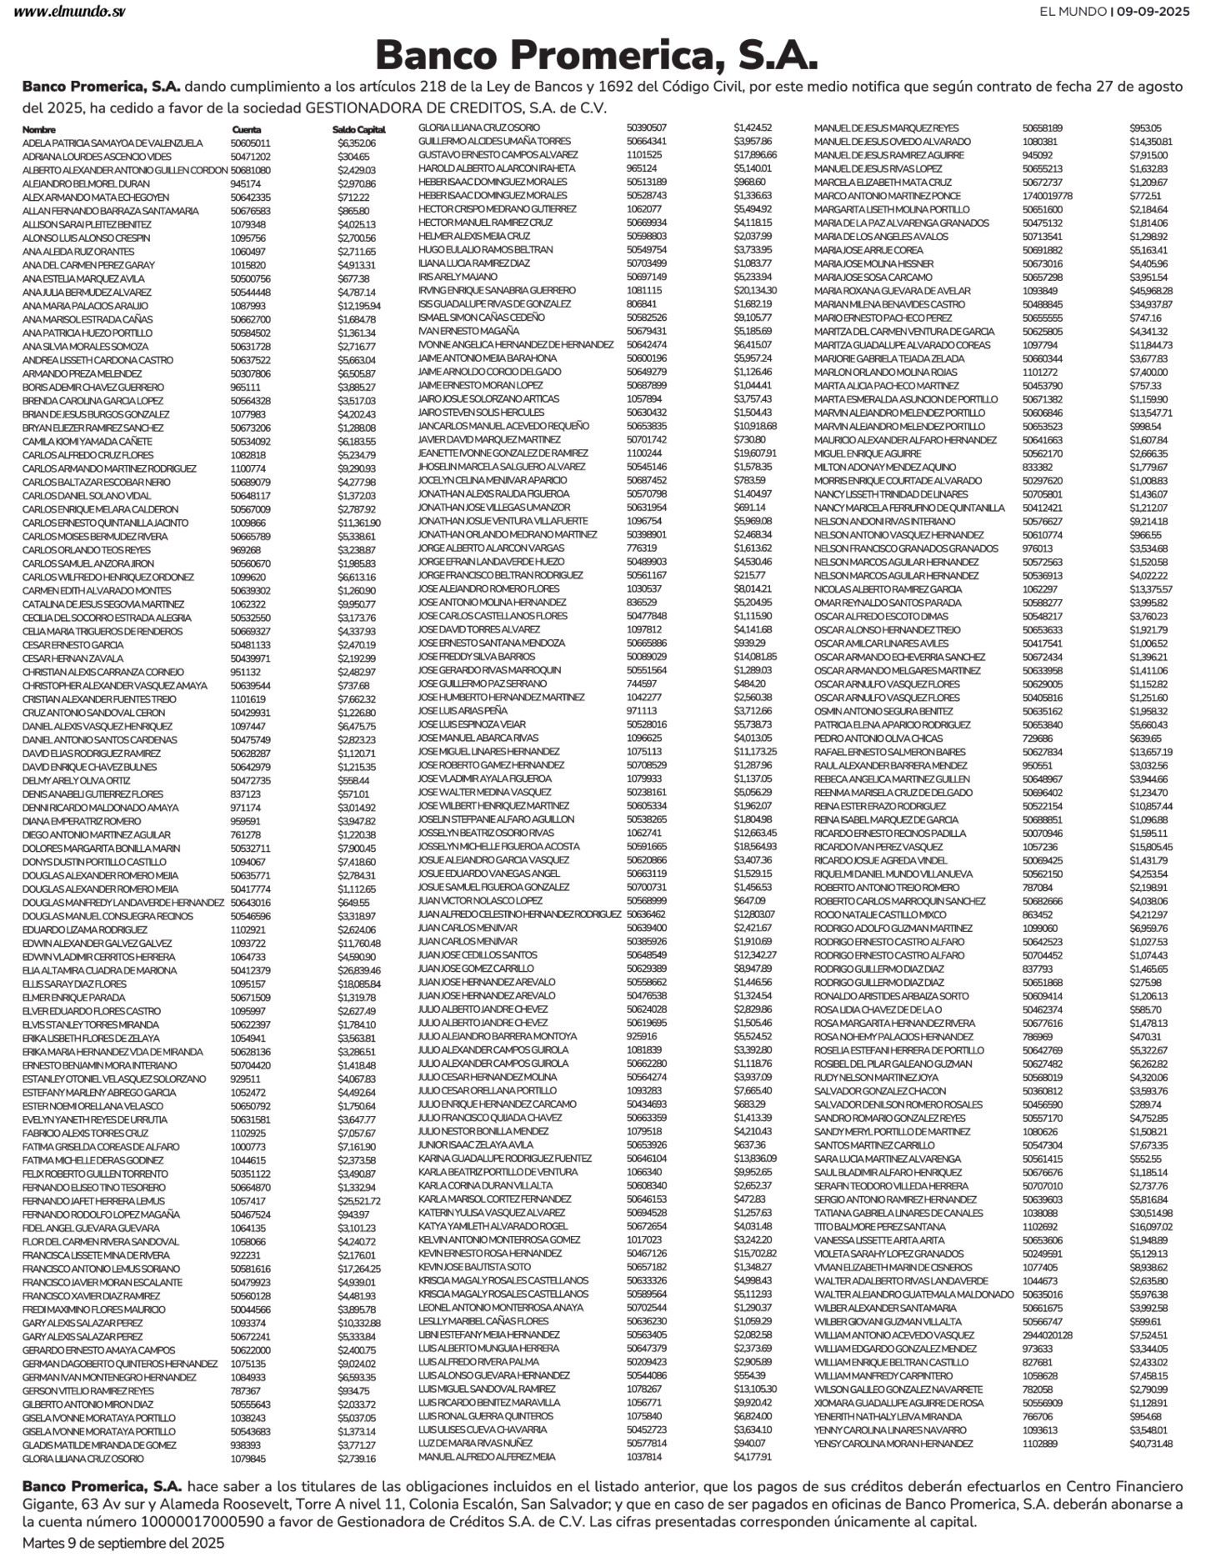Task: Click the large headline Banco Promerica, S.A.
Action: click(597, 56)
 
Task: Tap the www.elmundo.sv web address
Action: click(69, 12)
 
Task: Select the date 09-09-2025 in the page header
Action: click(1153, 12)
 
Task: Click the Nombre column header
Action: click(39, 130)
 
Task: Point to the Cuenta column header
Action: click(246, 130)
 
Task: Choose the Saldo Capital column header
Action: click(358, 130)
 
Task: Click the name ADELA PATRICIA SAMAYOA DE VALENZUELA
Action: click(113, 143)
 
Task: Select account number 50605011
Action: click(250, 143)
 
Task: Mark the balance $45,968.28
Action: click(1151, 291)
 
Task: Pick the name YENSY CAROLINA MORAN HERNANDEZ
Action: click(893, 1444)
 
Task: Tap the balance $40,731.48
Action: click(1151, 1444)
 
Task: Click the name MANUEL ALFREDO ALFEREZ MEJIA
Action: click(487, 1457)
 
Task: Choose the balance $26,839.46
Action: click(359, 970)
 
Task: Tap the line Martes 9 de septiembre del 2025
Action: click(123, 1543)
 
